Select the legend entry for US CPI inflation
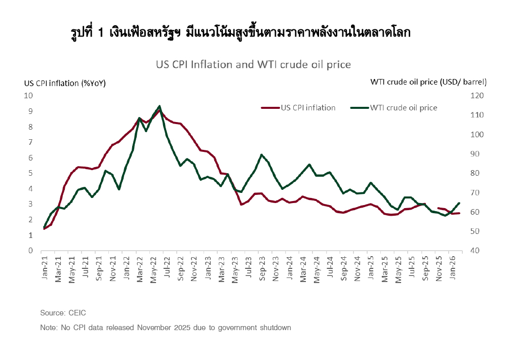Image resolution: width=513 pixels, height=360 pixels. click(307, 107)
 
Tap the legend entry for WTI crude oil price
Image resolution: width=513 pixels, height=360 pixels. click(403, 107)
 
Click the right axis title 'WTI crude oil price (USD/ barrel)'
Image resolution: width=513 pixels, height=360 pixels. click(428, 82)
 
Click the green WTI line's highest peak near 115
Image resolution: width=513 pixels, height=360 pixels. click(160, 106)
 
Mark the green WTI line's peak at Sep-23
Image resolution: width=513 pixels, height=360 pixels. click(261, 155)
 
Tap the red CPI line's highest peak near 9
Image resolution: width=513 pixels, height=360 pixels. click(160, 110)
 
